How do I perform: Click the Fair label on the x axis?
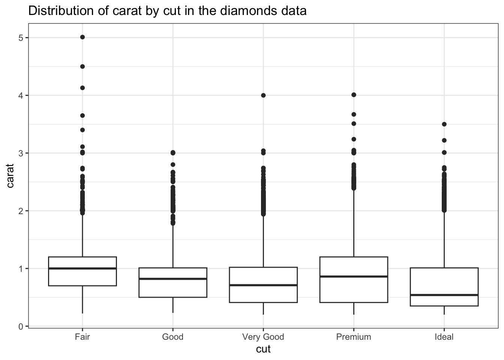[x=82, y=337]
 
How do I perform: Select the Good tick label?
[x=172, y=337]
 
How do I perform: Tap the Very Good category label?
[x=263, y=337]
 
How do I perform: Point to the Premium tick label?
[x=354, y=337]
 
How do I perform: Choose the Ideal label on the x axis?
[x=444, y=337]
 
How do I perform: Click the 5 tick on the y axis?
[x=21, y=38]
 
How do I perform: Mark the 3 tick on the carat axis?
[x=21, y=153]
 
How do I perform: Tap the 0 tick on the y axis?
[x=21, y=327]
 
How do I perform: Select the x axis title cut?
[x=263, y=349]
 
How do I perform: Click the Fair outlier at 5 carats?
[x=82, y=37]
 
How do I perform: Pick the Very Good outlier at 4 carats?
[x=263, y=95]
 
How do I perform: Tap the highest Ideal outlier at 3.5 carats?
[x=444, y=124]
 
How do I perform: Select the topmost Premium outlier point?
[x=354, y=95]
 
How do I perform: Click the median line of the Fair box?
[x=82, y=268]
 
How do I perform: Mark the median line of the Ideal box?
[x=444, y=295]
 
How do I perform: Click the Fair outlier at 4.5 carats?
[x=82, y=66]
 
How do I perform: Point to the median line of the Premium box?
[x=354, y=276]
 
